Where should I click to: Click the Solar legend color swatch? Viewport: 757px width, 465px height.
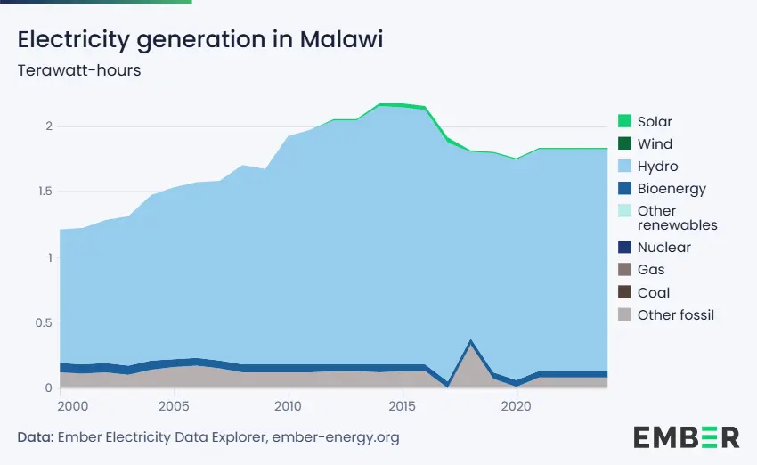[624, 121]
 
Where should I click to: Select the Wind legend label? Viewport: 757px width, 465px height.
[655, 144]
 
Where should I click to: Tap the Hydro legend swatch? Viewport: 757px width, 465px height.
[624, 166]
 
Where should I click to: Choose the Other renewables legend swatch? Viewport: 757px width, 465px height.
[624, 211]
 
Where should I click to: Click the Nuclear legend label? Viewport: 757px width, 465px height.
[663, 248]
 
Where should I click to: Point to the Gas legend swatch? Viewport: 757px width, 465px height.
[624, 269]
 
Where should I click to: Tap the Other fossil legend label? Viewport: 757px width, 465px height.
[675, 314]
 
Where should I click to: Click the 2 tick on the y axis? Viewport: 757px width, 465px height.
[49, 126]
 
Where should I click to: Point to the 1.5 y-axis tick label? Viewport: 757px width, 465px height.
[45, 192]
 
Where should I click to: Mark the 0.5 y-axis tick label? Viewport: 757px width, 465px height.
[44, 322]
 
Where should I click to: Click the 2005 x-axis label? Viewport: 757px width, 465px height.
[174, 406]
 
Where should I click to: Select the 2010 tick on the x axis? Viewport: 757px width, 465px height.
[288, 406]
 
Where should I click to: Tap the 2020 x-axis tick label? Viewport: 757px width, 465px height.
[516, 406]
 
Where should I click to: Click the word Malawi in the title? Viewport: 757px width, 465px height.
[341, 39]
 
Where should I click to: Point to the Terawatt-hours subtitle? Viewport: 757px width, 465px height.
[79, 70]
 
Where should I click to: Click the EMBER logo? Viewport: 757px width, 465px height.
[686, 437]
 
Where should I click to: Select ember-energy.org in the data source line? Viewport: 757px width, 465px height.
[336, 437]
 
